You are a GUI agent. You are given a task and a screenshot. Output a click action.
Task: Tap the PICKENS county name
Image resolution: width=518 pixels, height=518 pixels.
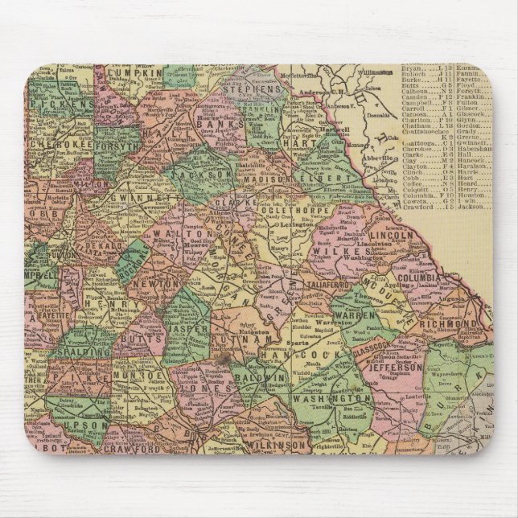click(x=64, y=105)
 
